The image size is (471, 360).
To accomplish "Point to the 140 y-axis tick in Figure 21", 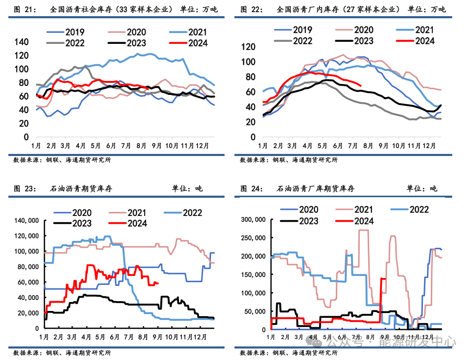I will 21,42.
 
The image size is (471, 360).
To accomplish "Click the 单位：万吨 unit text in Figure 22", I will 426,9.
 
